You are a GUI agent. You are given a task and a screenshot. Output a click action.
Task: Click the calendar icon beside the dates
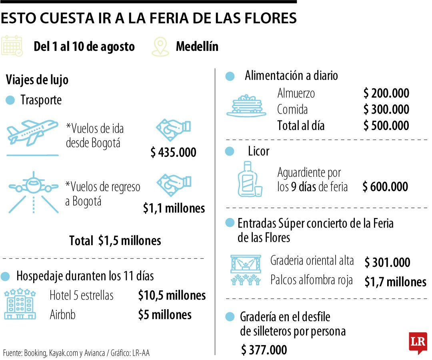click(x=12, y=46)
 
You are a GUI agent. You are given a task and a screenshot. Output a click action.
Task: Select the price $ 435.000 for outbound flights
click(x=173, y=152)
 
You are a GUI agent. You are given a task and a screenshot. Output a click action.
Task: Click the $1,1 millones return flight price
click(x=174, y=208)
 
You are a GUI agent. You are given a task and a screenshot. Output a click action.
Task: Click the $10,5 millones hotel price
click(x=172, y=296)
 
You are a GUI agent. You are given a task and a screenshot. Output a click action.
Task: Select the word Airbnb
click(x=62, y=315)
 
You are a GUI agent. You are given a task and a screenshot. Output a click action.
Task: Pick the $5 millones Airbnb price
click(x=165, y=315)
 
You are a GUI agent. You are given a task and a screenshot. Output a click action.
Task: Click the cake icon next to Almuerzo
click(x=246, y=106)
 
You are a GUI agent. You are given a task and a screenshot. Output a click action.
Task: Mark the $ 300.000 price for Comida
click(x=386, y=109)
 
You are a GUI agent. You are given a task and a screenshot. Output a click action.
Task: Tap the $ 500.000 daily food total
click(x=386, y=126)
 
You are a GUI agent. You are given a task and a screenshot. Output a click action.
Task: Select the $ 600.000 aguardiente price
click(x=385, y=187)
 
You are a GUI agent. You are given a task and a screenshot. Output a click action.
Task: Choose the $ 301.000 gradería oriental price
click(x=387, y=263)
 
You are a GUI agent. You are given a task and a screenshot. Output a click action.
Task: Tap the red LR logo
click(x=418, y=342)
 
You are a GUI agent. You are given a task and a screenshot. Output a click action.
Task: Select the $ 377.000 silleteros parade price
click(x=264, y=350)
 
